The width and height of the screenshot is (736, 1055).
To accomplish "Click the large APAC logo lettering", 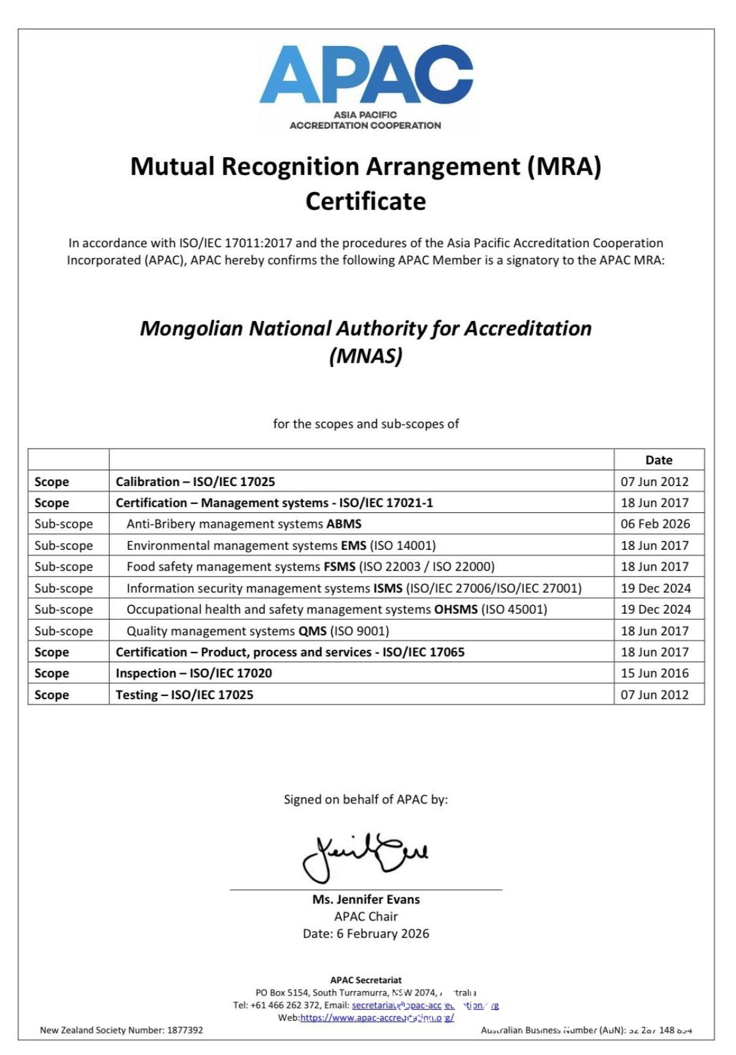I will [366, 75].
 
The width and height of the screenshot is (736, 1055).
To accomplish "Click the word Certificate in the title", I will [366, 201].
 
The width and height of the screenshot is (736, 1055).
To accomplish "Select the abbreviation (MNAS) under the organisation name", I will [366, 356].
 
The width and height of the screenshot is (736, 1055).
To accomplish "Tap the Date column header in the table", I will [659, 460].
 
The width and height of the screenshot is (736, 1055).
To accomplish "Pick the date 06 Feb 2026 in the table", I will [655, 524].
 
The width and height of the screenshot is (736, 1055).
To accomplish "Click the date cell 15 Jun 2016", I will [654, 673].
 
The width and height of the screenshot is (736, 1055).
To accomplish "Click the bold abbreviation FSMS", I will [340, 566].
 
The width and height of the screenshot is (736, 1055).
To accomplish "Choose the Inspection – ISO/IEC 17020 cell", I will [194, 673].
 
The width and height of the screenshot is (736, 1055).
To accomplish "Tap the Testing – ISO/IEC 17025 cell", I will [185, 695].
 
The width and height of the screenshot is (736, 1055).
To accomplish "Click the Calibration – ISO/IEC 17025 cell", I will [196, 482].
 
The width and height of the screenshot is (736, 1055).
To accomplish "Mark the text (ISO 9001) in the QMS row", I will [359, 631].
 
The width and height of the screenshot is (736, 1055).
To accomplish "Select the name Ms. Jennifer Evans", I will [366, 900].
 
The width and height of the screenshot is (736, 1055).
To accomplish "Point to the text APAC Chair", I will [366, 917].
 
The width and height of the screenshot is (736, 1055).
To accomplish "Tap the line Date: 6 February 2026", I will [366, 934].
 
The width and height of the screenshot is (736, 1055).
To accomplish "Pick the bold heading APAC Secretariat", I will [366, 980].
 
